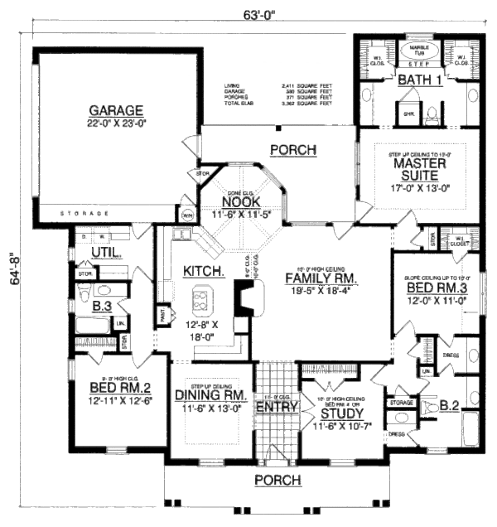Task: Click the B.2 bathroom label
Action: point(448,405)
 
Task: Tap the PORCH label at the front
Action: point(257,481)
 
